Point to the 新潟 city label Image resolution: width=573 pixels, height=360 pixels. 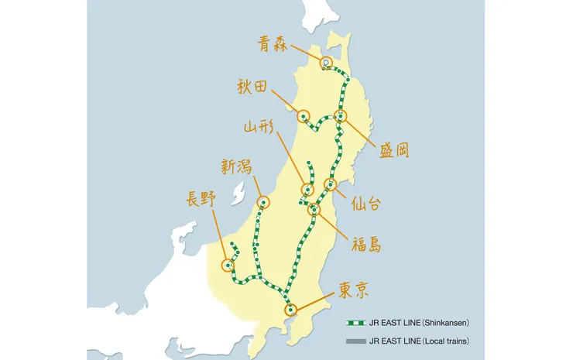point(236,166)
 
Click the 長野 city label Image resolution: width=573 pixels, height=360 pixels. point(201,198)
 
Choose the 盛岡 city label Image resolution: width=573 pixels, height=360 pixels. point(393,149)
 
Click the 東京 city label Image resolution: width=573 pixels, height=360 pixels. point(353,290)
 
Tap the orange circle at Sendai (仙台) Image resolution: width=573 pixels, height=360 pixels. point(330,184)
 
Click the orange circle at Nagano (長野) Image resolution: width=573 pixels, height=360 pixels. point(228,264)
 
